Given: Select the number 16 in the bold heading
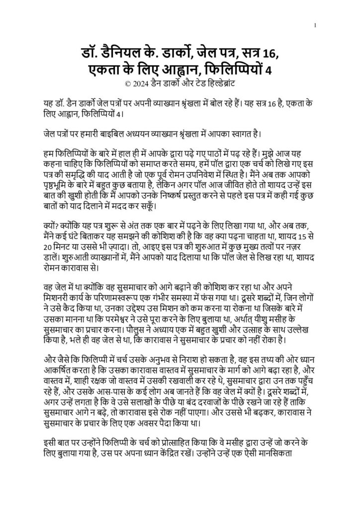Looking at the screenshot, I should [x=273, y=51].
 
